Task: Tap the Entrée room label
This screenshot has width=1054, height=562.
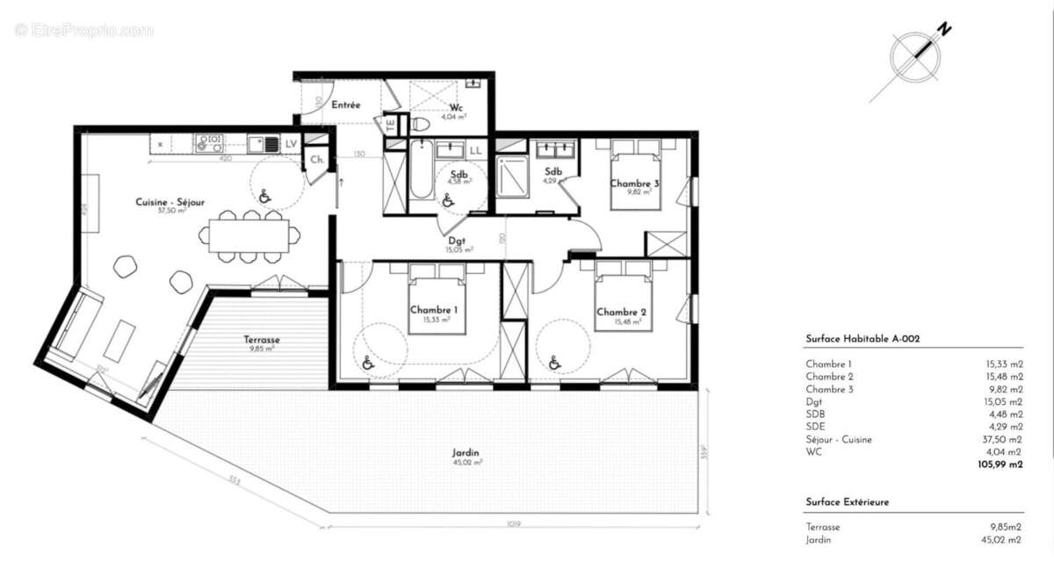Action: tap(346, 104)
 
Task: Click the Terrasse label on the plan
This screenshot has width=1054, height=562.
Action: tap(261, 339)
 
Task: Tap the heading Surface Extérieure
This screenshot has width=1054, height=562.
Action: tap(847, 501)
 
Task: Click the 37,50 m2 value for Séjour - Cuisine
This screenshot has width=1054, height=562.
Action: tap(1004, 440)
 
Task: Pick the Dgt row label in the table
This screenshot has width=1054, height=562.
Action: tap(812, 402)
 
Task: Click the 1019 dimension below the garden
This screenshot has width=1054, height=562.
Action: tap(514, 524)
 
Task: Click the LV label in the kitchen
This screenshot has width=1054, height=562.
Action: tap(291, 143)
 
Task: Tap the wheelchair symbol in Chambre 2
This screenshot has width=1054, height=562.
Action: tap(554, 362)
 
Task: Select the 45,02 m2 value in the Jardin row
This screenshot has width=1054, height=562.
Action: tap(1003, 540)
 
